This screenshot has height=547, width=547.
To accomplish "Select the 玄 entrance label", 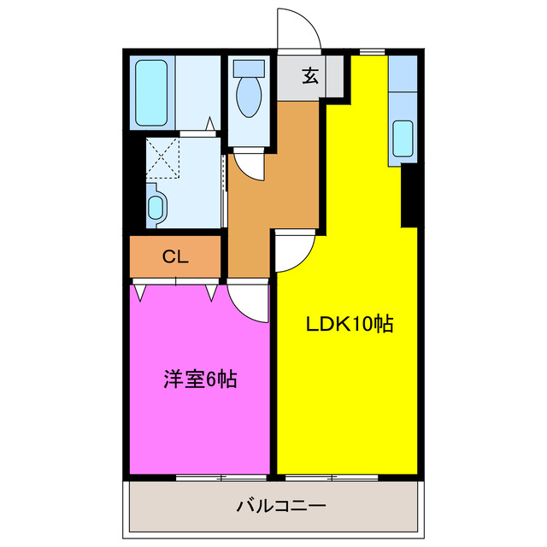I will [x=309, y=76].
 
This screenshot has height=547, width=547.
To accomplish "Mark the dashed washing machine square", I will [x=162, y=155].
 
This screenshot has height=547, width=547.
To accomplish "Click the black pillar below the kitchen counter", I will [x=409, y=195].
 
